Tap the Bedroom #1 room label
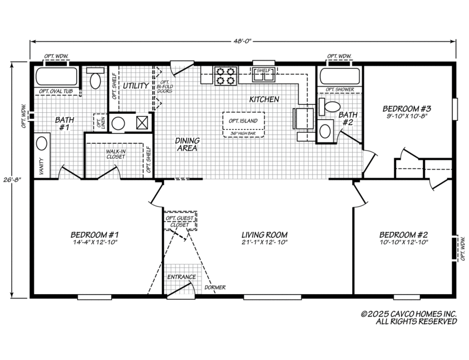[x=94, y=234]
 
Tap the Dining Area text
[x=188, y=145]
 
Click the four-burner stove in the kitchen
[x=226, y=76]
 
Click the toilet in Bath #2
[x=332, y=106]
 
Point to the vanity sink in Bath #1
[x=42, y=143]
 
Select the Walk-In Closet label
[x=116, y=153]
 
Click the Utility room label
[x=136, y=86]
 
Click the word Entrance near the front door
[x=181, y=277]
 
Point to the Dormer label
[x=215, y=287]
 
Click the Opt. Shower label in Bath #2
[x=339, y=89]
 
